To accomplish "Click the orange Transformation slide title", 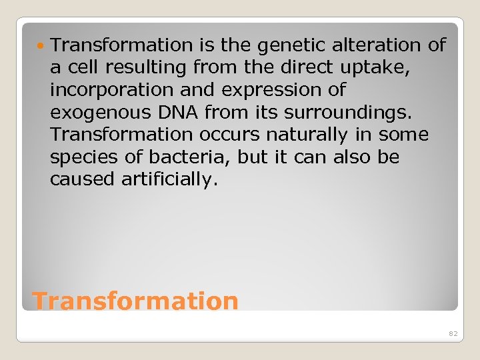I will (135, 301).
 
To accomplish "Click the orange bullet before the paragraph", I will (43, 45).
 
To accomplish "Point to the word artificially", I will (169, 180).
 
